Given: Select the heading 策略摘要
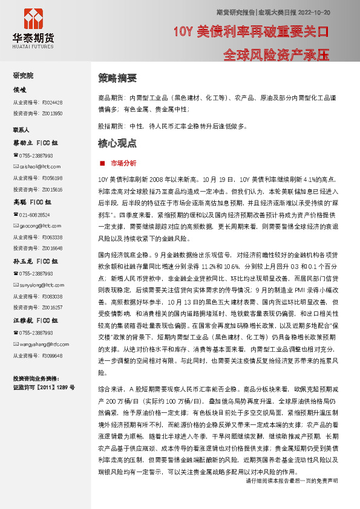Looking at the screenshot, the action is (117, 79).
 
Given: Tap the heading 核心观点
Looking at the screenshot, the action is (117, 144).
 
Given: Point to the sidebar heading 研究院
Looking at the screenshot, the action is (24, 76).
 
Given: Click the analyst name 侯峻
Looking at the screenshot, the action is (20, 89).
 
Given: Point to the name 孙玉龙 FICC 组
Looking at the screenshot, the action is (36, 262).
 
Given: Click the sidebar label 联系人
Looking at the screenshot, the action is (22, 130).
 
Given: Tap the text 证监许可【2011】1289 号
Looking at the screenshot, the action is (44, 386).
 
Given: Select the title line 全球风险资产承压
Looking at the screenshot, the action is (275, 55).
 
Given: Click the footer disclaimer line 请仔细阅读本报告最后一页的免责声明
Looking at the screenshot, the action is (292, 497).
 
